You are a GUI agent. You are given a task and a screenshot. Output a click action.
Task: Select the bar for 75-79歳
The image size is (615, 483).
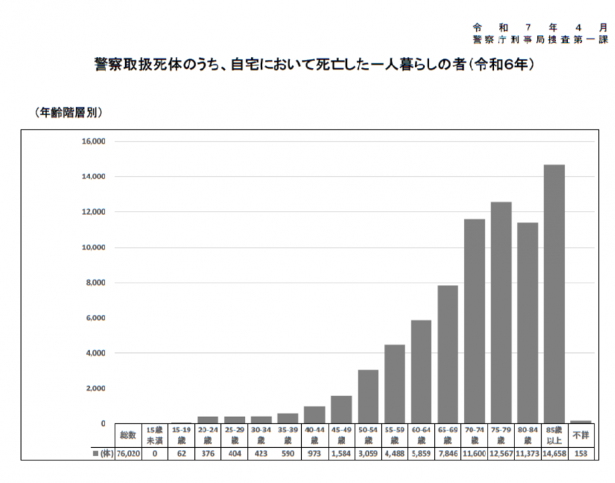(500, 312)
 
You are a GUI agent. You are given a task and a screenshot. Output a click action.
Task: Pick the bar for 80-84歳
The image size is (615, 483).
(527, 323)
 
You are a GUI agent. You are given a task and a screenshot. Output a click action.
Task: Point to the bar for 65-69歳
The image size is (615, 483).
(448, 354)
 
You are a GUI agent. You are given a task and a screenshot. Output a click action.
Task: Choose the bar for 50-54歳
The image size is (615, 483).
(367, 397)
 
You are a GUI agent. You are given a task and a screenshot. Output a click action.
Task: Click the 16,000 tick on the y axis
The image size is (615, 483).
(93, 141)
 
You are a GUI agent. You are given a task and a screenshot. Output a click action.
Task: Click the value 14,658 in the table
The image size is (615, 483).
(554, 453)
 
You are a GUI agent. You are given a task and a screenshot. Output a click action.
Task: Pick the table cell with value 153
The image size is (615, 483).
(581, 453)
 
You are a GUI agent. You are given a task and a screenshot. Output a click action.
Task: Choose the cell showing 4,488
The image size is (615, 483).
(394, 453)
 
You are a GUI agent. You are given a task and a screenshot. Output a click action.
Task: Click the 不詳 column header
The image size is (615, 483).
(581, 435)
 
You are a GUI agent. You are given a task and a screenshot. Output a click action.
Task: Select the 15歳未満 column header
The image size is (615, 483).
(154, 435)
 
